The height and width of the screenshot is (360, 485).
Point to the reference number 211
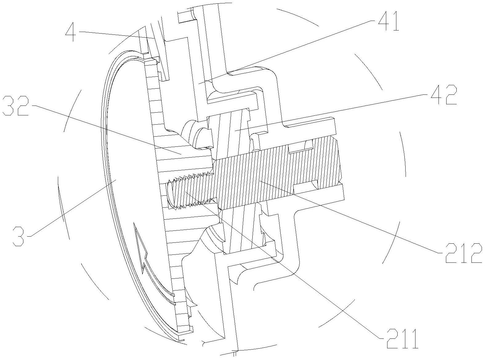[402, 338]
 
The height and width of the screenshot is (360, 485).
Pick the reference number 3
[18, 236]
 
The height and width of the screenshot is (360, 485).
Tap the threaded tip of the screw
[171, 193]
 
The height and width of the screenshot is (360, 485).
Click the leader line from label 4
[117, 34]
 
